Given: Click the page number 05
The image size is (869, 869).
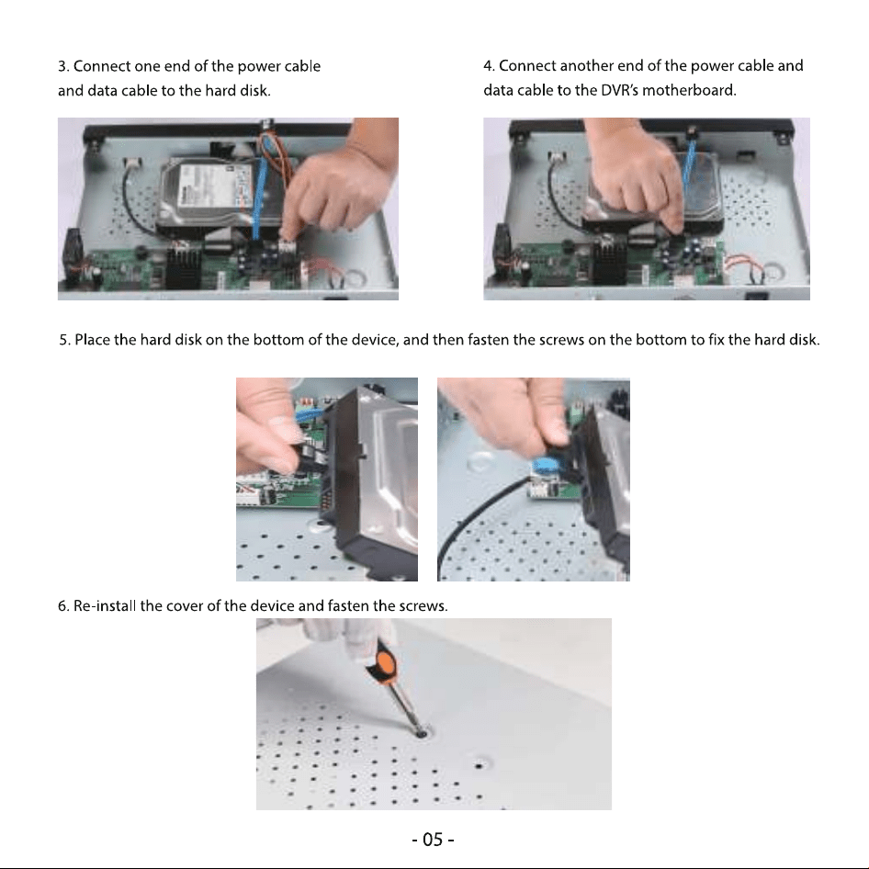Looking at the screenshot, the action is point(433,840).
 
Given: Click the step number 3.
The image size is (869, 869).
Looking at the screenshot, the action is point(62,66).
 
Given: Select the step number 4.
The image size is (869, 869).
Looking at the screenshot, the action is point(489,66).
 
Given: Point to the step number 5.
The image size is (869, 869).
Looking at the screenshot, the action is point(64,340).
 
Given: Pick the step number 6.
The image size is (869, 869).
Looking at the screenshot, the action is point(63,605).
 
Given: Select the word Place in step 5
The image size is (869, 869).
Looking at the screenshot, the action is point(92,340).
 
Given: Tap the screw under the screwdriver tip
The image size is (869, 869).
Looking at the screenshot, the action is point(422,734).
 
